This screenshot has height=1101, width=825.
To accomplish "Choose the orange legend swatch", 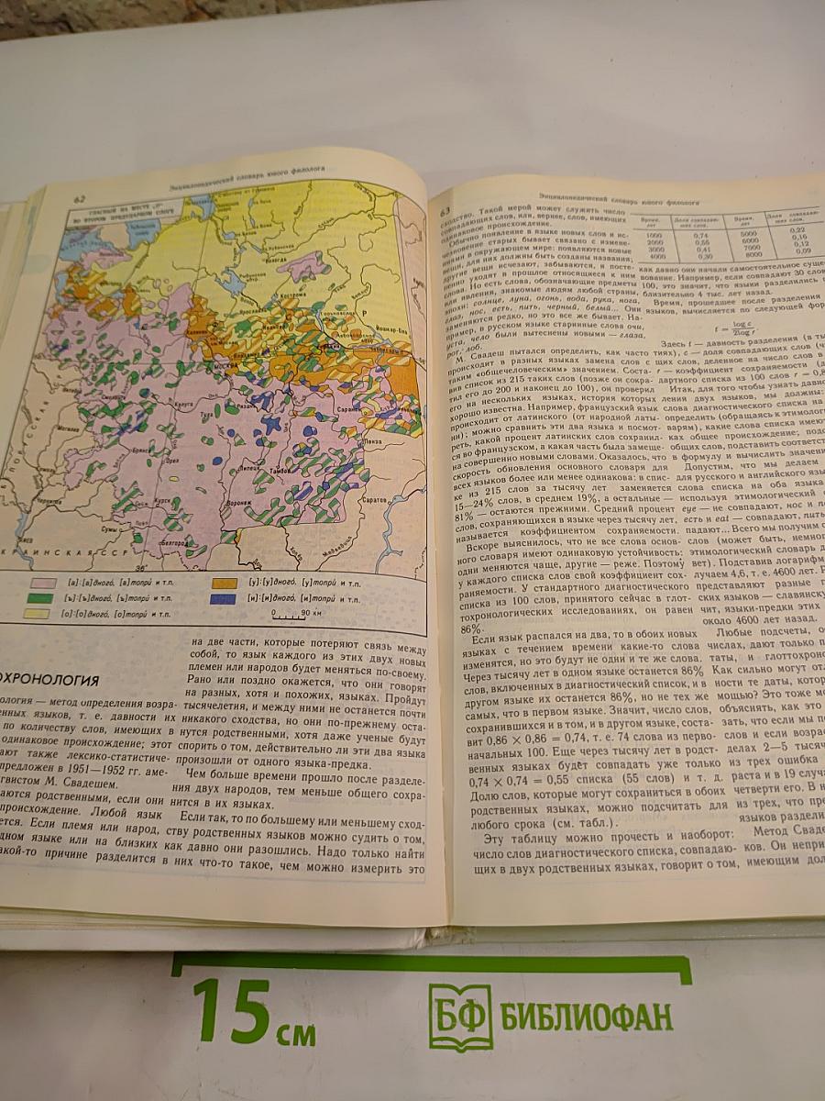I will point(222,583).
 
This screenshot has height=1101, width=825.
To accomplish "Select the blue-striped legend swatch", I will point(222,598).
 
